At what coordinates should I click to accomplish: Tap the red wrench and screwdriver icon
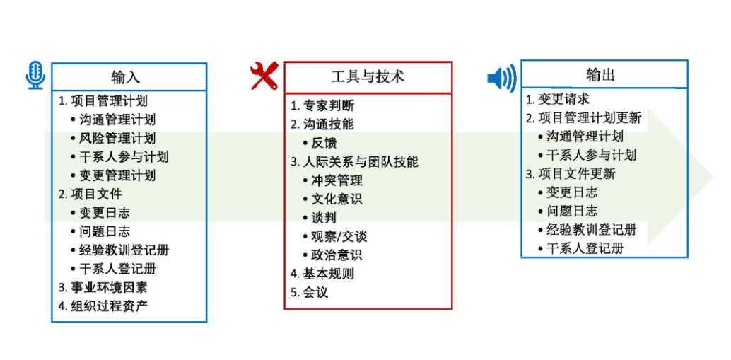(264, 75)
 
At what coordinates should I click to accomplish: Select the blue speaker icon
(502, 78)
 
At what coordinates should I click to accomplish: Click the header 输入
(125, 76)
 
